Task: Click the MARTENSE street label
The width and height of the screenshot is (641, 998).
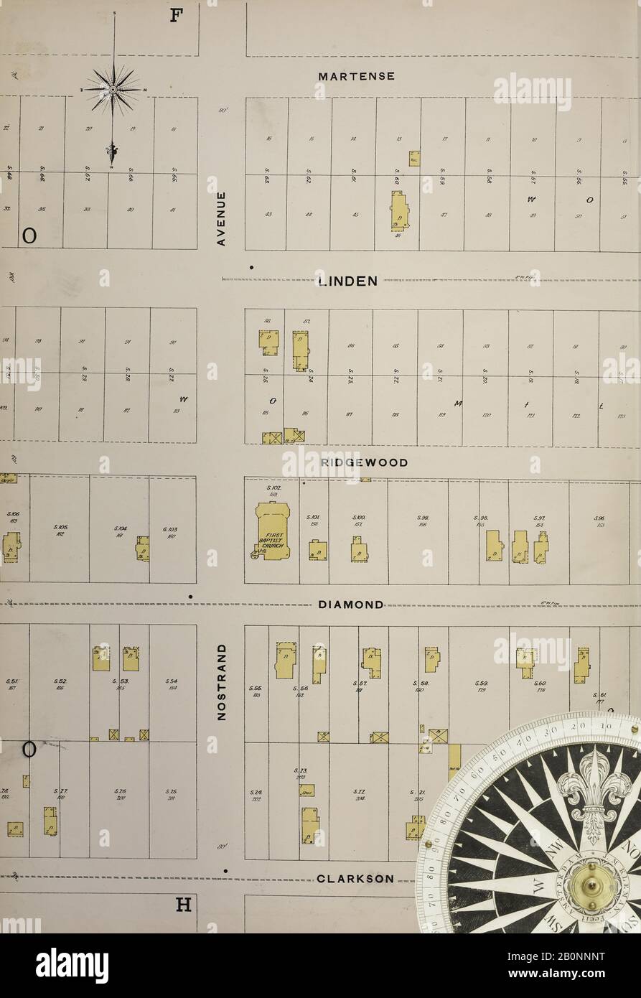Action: pyautogui.click(x=356, y=76)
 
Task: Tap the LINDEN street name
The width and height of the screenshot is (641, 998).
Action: pyautogui.click(x=347, y=281)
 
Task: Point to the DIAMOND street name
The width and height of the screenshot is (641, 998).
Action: pyautogui.click(x=350, y=605)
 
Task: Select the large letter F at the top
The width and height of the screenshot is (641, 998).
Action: pyautogui.click(x=174, y=16)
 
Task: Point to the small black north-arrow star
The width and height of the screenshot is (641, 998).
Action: pyautogui.click(x=113, y=88)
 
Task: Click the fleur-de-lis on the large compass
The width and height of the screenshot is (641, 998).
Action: pyautogui.click(x=595, y=793)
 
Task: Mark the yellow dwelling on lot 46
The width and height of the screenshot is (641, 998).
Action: pyautogui.click(x=398, y=211)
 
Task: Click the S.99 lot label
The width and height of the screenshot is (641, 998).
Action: pyautogui.click(x=424, y=518)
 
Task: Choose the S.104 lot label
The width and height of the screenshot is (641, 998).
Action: pyautogui.click(x=120, y=529)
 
